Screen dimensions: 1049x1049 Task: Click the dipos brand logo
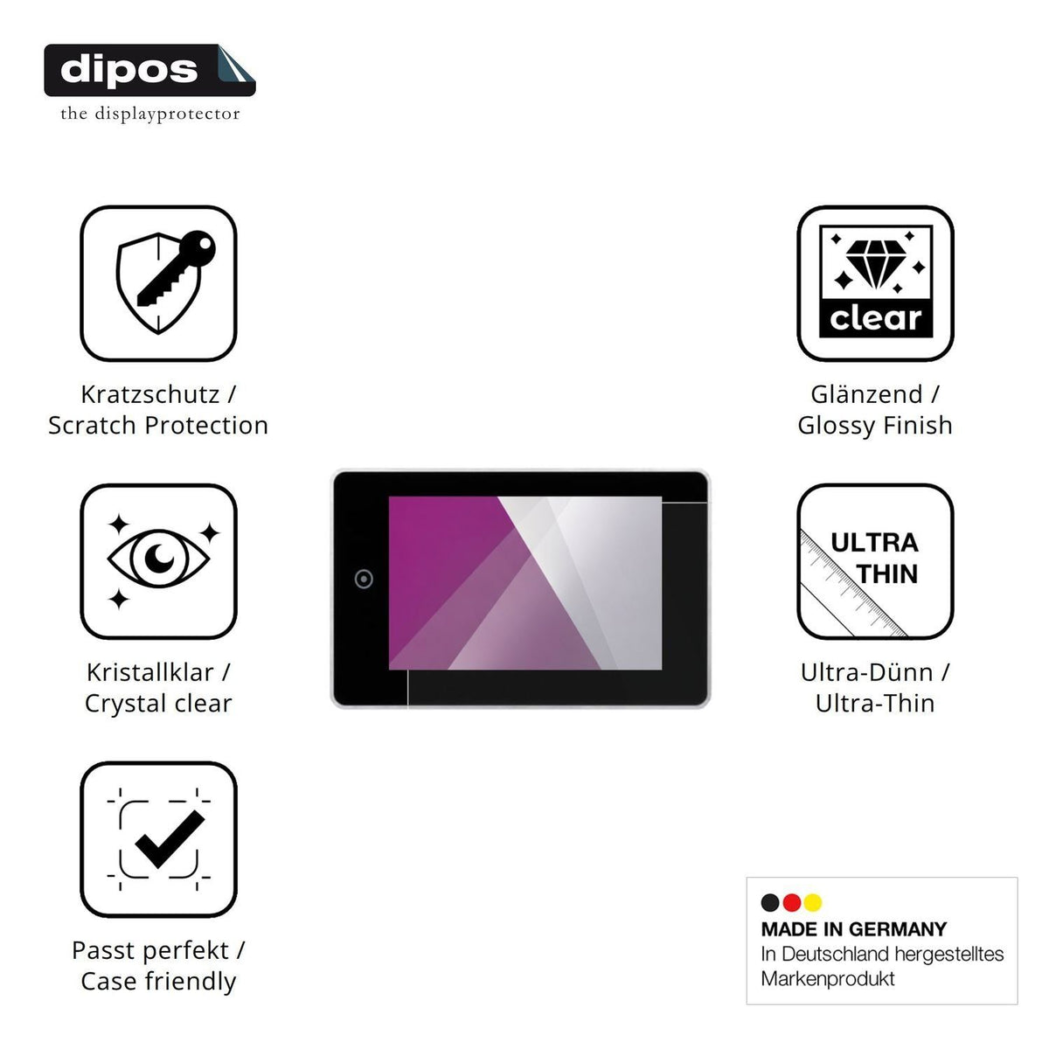pyautogui.click(x=149, y=70)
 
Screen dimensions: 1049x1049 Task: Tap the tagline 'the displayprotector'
pyautogui.click(x=150, y=114)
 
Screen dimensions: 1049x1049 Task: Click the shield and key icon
pyautogui.click(x=165, y=282)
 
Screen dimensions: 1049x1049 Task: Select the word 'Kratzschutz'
pyautogui.click(x=150, y=394)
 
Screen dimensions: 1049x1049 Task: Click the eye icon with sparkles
pyautogui.click(x=158, y=560)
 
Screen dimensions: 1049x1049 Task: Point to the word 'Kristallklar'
pyautogui.click(x=150, y=672)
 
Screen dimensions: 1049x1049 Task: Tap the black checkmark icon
pyautogui.click(x=170, y=839)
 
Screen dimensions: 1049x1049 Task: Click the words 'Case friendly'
pyautogui.click(x=158, y=982)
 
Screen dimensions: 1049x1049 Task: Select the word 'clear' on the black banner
pyautogui.click(x=875, y=318)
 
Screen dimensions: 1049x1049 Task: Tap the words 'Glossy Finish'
pyautogui.click(x=875, y=425)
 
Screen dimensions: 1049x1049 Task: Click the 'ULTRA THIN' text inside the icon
pyautogui.click(x=875, y=559)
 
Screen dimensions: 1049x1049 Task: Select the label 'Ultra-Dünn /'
pyautogui.click(x=875, y=672)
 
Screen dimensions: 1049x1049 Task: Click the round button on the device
pyautogui.click(x=364, y=579)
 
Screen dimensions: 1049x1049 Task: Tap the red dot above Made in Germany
pyautogui.click(x=791, y=902)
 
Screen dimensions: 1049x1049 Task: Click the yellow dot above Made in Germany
pyautogui.click(x=813, y=902)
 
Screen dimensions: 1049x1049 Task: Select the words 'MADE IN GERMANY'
pyautogui.click(x=854, y=929)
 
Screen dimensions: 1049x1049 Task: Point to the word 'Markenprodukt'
pyautogui.click(x=828, y=979)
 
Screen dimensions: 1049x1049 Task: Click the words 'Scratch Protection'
pyautogui.click(x=158, y=425)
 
